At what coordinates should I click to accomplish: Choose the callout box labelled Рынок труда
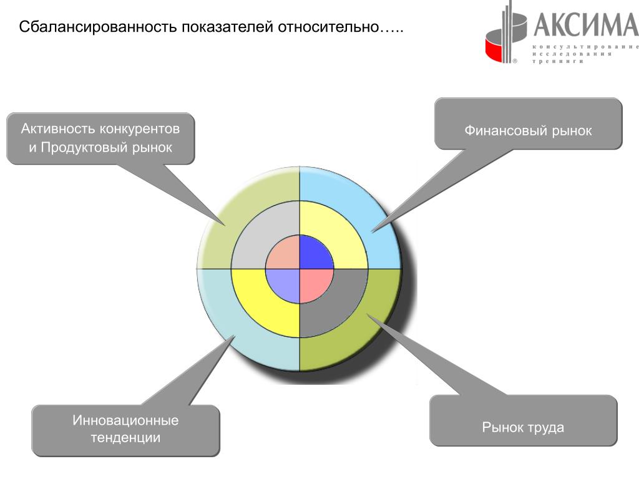[x=523, y=428]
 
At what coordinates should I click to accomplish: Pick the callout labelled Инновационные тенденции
[x=126, y=429]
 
